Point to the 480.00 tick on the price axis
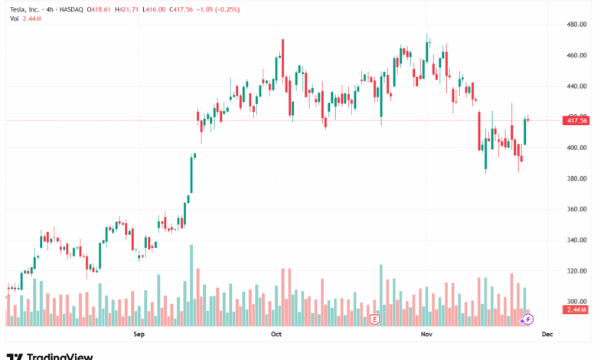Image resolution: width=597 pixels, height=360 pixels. [576, 25]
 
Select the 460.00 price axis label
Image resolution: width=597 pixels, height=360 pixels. [576, 55]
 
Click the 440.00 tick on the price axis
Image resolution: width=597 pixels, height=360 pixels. [576, 86]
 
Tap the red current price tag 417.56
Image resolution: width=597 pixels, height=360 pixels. [576, 120]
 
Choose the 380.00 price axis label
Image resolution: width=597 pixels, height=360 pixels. [576, 178]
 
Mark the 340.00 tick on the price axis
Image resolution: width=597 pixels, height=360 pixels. [576, 240]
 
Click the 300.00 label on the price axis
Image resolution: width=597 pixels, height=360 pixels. [576, 301]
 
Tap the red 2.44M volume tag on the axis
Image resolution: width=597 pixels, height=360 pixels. [576, 309]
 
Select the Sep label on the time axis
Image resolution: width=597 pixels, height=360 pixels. [139, 334]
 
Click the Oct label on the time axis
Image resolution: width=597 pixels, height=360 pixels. [276, 334]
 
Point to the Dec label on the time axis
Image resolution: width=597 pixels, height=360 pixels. [547, 334]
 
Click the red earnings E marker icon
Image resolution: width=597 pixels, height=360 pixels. [375, 318]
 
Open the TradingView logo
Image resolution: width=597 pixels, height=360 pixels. [50, 355]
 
